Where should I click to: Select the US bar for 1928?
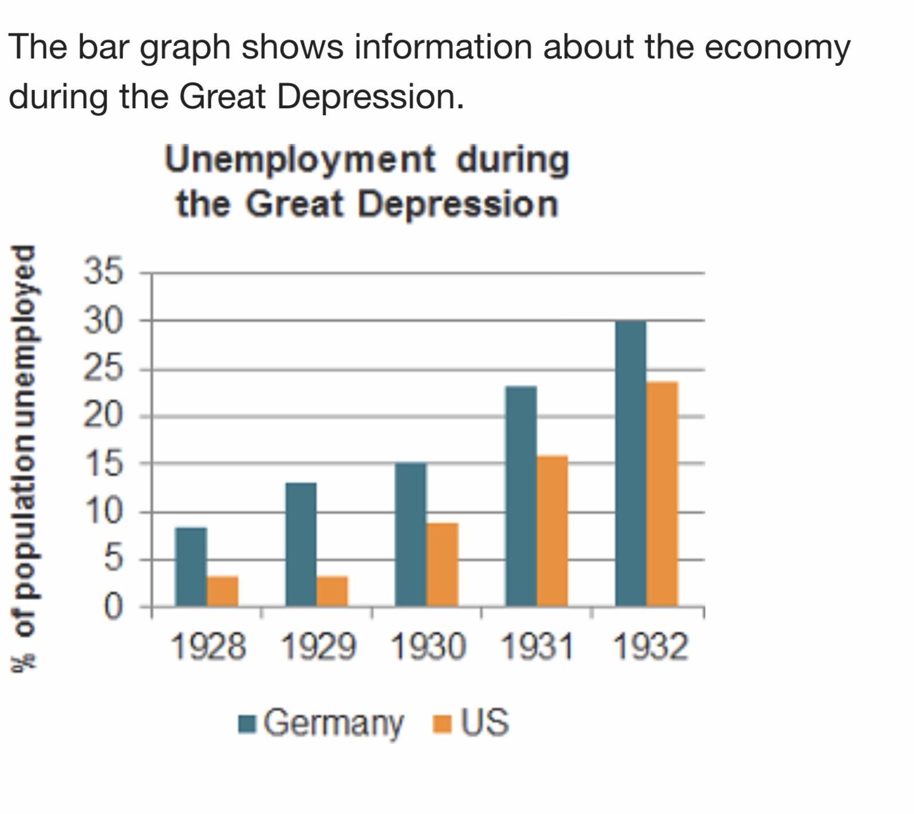tap(222, 591)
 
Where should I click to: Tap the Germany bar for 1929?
tap(301, 544)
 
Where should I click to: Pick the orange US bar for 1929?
tap(332, 591)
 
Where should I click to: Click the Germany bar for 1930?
tap(411, 534)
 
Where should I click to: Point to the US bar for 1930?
tap(442, 564)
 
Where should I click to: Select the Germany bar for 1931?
tap(521, 496)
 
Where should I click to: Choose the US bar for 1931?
tap(553, 530)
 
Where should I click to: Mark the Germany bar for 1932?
tap(631, 463)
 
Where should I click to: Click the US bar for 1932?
tap(662, 493)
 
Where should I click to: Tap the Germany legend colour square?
tap(247, 723)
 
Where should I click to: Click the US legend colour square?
tap(442, 723)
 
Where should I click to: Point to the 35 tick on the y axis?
tap(103, 271)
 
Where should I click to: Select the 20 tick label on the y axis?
tap(103, 416)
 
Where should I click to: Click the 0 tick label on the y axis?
tap(113, 607)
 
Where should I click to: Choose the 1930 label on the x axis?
tap(428, 648)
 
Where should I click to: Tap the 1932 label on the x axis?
tap(649, 648)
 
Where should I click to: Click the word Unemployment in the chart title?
tap(300, 159)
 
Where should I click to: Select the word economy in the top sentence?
tap(777, 47)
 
